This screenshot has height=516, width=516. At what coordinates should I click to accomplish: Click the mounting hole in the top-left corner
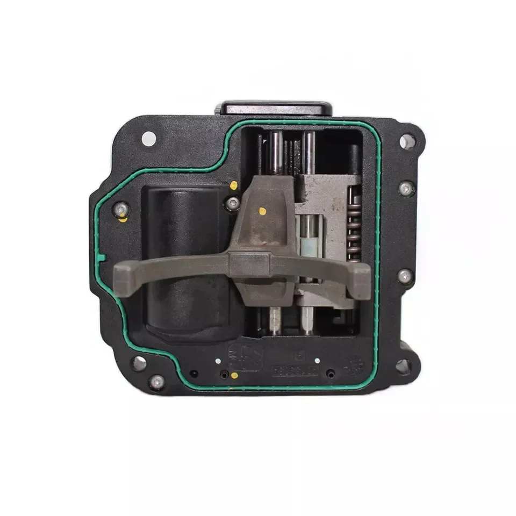(149, 139)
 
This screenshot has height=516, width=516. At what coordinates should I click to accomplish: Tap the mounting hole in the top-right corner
(407, 141)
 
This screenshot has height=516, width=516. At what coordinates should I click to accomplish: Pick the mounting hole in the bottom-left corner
(139, 363)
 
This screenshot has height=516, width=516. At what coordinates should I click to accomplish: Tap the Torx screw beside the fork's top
(233, 203)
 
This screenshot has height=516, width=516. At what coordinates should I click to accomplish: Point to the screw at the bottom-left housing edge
(156, 382)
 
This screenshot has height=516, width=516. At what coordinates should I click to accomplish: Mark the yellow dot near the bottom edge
(234, 375)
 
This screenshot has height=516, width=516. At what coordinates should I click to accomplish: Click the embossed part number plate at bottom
(296, 371)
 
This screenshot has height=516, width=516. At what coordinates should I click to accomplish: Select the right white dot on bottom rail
(317, 361)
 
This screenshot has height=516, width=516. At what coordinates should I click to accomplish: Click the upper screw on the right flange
(407, 188)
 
